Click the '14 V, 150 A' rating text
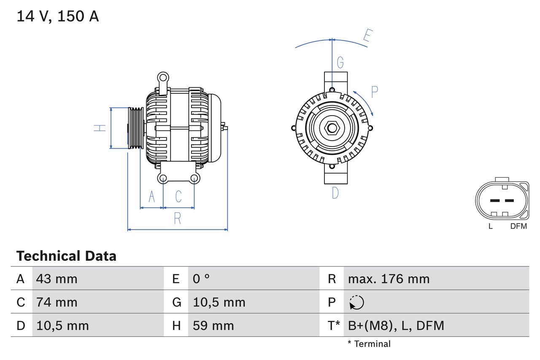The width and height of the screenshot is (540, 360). (58, 16)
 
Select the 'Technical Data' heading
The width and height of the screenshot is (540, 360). (66, 256)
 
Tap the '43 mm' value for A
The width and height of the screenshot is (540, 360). (57, 279)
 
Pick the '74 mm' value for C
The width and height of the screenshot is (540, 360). (57, 302)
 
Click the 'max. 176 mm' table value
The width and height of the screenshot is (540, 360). (389, 279)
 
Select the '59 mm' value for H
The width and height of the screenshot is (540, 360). (213, 325)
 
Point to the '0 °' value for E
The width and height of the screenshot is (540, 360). (201, 279)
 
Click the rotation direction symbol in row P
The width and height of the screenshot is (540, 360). (356, 302)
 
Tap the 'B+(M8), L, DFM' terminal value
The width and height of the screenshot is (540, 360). (396, 325)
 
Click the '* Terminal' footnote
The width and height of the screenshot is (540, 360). (369, 344)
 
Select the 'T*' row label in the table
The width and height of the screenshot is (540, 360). (334, 325)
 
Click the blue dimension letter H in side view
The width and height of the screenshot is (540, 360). (100, 128)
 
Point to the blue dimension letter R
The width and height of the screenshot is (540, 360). (178, 219)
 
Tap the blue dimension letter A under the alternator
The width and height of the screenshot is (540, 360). (152, 196)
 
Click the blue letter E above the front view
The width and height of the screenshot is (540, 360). (367, 37)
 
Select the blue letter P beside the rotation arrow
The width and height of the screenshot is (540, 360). (374, 92)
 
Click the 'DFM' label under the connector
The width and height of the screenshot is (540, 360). (518, 226)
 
